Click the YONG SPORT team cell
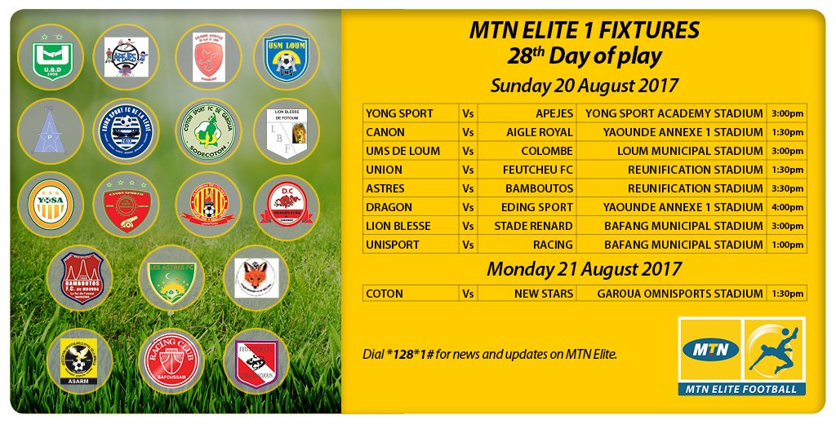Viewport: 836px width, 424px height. (x=399, y=113)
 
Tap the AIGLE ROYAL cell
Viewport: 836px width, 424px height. (x=540, y=132)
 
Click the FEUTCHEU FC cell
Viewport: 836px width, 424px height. (x=536, y=170)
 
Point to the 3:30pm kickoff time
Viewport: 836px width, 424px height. (x=787, y=188)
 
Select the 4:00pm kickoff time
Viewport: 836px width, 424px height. (x=787, y=207)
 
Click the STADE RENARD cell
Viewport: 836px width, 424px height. (x=533, y=226)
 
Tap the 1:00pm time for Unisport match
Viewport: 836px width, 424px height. (x=787, y=245)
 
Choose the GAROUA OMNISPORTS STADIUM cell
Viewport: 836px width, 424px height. (x=680, y=294)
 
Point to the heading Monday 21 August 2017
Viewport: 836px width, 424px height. (x=584, y=269)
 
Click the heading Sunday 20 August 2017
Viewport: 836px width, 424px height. (x=584, y=85)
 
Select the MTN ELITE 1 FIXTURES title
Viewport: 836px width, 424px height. (x=584, y=31)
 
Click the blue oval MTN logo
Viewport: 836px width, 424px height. (x=711, y=350)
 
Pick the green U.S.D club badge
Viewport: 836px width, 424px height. (x=51, y=56)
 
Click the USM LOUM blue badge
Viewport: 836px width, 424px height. (x=286, y=56)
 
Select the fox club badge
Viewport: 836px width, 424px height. (x=256, y=277)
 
